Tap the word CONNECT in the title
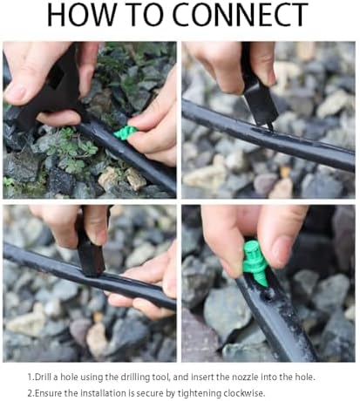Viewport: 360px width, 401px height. [240, 15]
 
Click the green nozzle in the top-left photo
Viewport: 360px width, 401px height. [126, 133]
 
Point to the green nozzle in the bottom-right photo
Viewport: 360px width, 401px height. [255, 262]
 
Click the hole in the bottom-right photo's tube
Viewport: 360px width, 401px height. [268, 296]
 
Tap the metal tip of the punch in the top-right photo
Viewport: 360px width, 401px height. [270, 126]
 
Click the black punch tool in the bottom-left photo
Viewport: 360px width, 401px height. [90, 250]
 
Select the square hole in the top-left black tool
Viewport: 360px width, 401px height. [56, 76]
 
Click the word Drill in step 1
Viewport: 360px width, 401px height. [43, 377]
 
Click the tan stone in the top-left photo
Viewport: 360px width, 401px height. [135, 179]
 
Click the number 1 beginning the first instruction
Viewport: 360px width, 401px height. [30, 377]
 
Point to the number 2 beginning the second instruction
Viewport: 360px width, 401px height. [30, 393]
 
